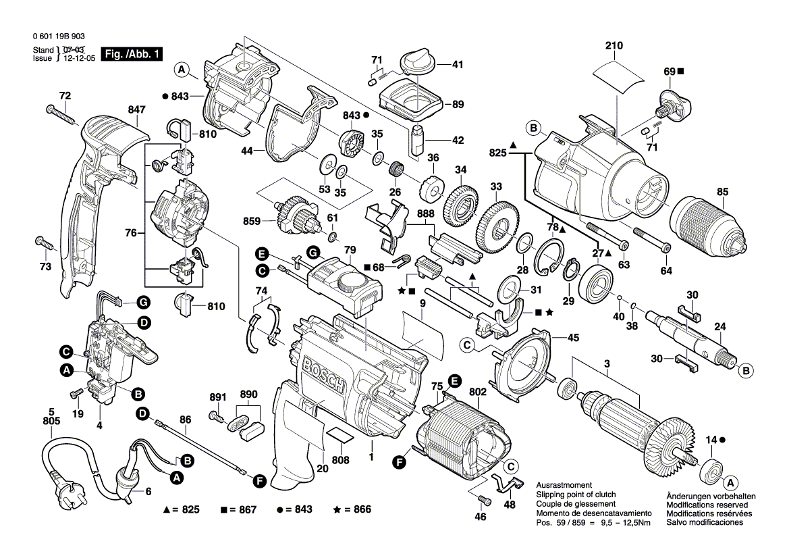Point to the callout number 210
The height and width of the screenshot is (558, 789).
coord(614,46)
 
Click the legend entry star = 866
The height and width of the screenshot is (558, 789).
coord(352,509)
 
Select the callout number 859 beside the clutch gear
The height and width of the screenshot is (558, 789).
coord(251,220)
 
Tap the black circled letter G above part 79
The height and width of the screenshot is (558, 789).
coord(312,252)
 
